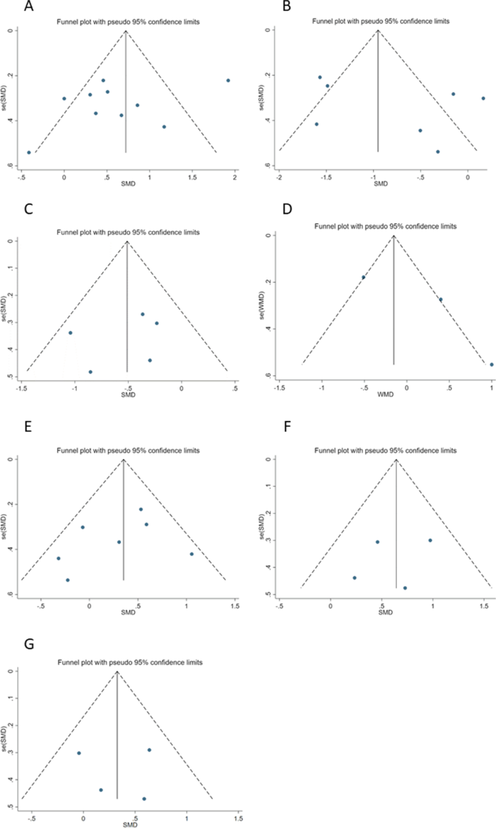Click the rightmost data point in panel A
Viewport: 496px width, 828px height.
tap(228, 80)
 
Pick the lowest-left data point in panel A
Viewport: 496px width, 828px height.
tap(29, 152)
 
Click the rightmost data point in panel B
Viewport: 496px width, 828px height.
tap(483, 98)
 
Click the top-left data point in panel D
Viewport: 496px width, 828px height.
tap(363, 277)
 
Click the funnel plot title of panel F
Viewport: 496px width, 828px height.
tap(386, 450)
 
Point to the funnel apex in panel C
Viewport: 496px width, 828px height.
tap(127, 241)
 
